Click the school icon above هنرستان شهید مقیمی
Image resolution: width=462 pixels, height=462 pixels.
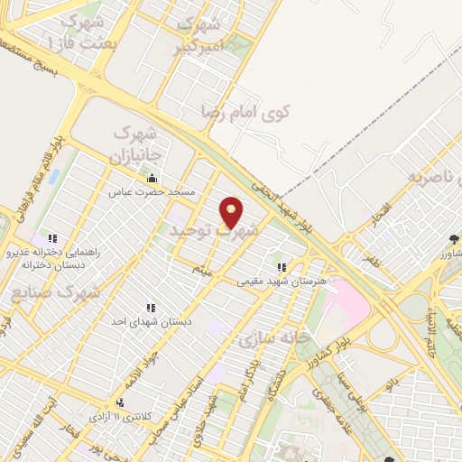point(282,267)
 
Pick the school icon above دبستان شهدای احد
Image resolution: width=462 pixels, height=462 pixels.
point(149,308)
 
